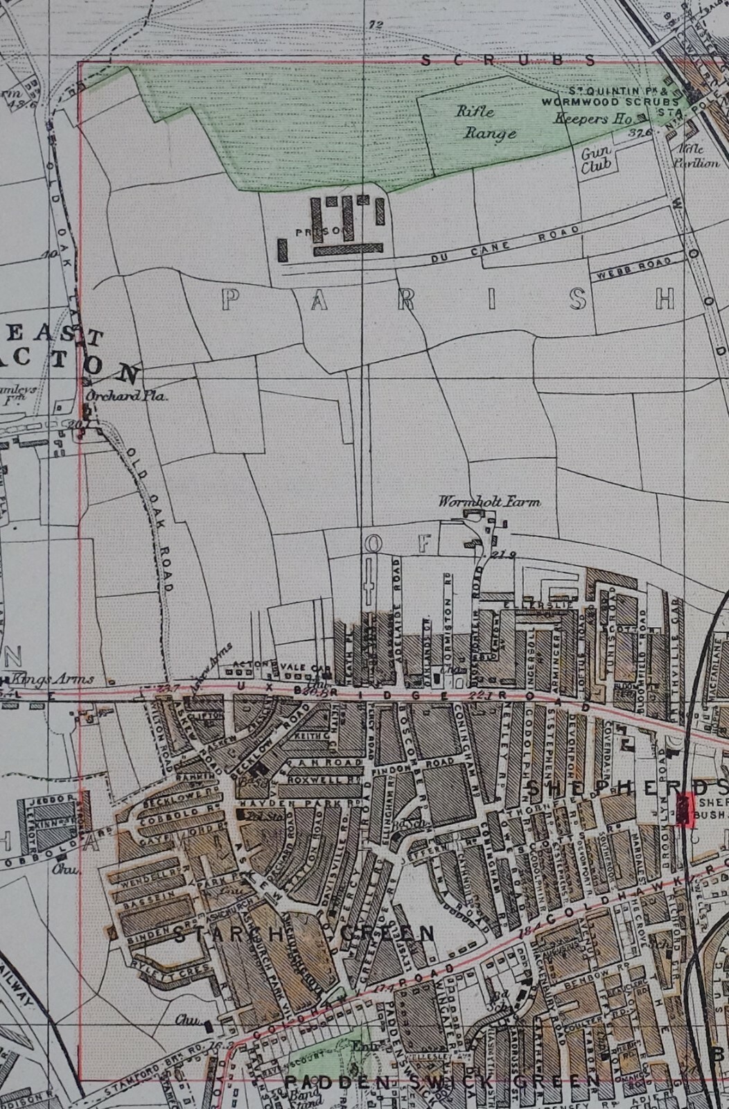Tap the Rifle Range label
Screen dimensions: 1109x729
[485, 121]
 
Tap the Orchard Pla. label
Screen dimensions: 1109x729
[126, 397]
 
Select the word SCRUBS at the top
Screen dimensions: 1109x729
[507, 61]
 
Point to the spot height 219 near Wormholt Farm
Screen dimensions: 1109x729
[500, 554]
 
